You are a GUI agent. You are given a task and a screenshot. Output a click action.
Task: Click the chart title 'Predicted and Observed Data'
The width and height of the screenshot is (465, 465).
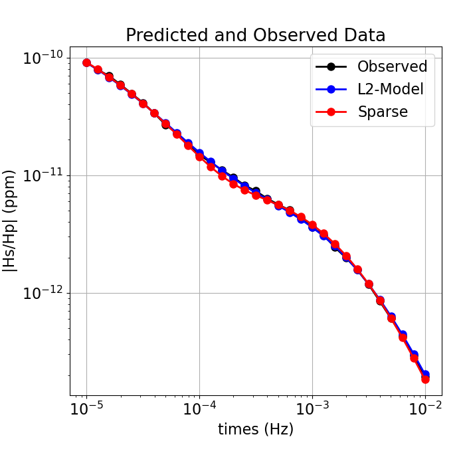coord(256,35)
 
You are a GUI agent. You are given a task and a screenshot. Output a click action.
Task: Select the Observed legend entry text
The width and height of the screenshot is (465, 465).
coord(392,66)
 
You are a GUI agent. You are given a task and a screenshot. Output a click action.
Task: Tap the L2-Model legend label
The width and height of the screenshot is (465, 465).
coord(391,89)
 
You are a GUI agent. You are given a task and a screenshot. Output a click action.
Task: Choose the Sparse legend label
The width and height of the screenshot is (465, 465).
coord(383,112)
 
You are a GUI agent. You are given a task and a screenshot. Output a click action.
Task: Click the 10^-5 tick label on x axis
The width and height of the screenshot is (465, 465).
coord(86,408)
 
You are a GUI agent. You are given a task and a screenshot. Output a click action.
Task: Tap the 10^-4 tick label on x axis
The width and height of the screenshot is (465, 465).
coord(199,408)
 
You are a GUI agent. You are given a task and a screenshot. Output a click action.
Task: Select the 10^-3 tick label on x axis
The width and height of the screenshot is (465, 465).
coord(312,408)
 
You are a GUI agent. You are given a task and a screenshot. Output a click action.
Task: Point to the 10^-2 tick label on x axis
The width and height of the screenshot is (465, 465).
coord(425,408)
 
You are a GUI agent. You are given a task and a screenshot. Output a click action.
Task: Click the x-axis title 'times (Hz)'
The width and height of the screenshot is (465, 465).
coord(256,430)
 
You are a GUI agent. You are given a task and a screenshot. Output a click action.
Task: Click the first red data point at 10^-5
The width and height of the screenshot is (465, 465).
coord(86,62)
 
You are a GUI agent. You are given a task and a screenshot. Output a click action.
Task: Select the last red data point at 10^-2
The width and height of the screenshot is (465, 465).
coord(425,379)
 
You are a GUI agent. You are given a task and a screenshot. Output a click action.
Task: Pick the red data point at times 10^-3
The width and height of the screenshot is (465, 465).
coord(312,225)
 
